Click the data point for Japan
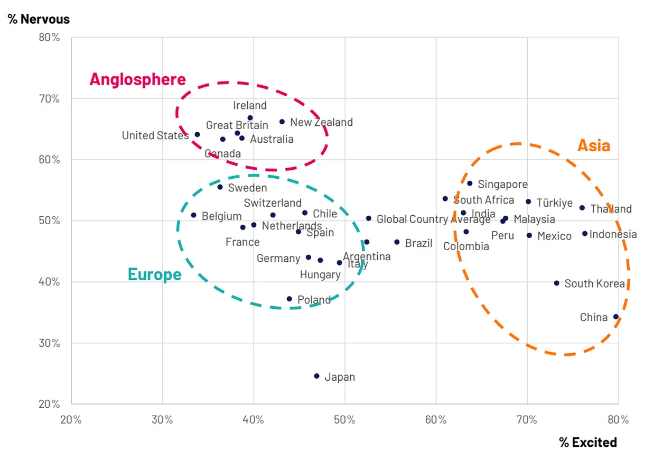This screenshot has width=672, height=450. pos(316,376)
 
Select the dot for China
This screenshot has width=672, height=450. pos(615,317)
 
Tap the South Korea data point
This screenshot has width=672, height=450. pos(556,283)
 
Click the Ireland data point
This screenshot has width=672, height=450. pos(250,118)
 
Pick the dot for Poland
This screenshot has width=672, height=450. pos(289,299)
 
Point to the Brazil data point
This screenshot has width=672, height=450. pos(397,242)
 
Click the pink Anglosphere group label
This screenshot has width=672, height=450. pos(137,79)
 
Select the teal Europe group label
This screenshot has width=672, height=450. pos(154,274)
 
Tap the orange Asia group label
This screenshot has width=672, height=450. pos(593,145)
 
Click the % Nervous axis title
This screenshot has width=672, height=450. pos(39,20)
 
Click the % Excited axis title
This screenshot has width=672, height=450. pos(588,442)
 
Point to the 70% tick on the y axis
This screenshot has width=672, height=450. pos(49,99)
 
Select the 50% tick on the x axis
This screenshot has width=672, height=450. pos(344,420)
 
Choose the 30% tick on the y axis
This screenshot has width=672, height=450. pos(49,343)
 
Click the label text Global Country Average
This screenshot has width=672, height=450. pos(433,219)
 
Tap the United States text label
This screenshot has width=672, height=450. pos(155,135)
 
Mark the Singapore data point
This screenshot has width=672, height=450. pos(470,183)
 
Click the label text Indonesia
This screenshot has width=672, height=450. pos(613,234)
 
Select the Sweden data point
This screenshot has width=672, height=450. pos(220,187)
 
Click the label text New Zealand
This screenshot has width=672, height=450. pos(321,122)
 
